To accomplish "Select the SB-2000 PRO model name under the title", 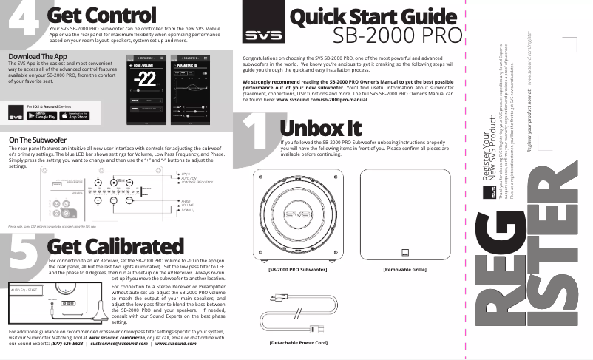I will pyautogui.click(x=397, y=36).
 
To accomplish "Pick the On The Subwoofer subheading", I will pyautogui.click(x=38, y=140).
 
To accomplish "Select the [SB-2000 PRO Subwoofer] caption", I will pyautogui.click(x=297, y=270).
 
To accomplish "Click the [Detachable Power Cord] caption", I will pyautogui.click(x=297, y=342).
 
